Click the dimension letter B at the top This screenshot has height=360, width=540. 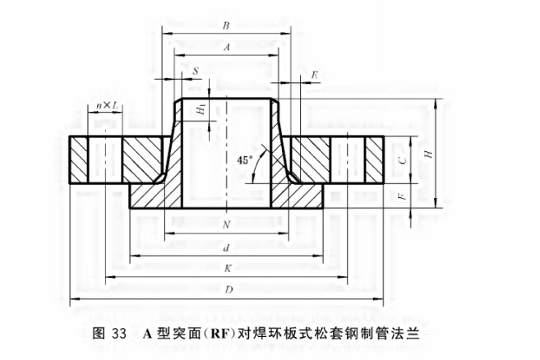point(225,25)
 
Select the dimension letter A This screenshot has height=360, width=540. point(225,48)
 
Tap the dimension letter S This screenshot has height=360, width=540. point(194,72)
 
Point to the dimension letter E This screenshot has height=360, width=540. point(316,75)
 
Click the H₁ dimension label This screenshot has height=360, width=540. point(200,112)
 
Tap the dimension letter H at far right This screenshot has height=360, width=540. point(428,154)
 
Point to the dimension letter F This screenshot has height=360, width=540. point(401,197)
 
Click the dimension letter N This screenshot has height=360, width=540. point(225,224)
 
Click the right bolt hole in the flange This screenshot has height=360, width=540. point(349,159)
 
